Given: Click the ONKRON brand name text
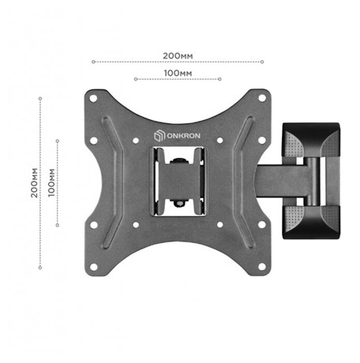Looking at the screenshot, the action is point(184,136).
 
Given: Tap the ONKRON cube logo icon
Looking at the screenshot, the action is point(159,136).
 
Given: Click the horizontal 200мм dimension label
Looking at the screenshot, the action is point(178,56).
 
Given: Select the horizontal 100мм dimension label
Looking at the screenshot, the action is point(178,73).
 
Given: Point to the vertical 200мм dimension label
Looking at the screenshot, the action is point(34,183).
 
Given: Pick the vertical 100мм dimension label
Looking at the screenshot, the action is point(51,183).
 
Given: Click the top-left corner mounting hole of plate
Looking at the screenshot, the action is point(93,99).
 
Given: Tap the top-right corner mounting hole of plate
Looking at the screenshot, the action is point(262,98).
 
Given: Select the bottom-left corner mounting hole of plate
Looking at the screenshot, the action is point(94,267).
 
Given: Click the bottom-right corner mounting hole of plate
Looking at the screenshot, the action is point(262,267).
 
